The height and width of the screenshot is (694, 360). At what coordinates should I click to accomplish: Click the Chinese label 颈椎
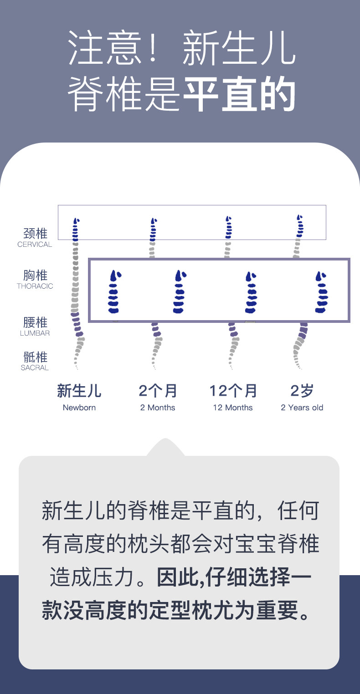35,234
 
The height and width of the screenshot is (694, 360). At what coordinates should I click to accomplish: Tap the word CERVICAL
35,245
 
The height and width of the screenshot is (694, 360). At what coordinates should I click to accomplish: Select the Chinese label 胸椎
35,276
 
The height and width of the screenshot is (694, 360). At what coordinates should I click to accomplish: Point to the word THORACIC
35,286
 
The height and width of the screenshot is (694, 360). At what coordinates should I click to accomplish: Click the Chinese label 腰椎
35,322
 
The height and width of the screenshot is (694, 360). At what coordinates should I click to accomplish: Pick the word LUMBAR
35,333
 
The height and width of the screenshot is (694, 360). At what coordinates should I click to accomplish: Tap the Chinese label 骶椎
35,357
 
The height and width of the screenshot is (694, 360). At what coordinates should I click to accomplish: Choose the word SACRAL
35,368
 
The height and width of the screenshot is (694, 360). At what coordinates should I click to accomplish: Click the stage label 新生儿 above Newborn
79,391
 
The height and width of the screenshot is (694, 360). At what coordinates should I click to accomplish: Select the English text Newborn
79,408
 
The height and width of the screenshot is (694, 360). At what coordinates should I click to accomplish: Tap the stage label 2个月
158,391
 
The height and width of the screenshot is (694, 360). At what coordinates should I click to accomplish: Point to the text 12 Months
233,408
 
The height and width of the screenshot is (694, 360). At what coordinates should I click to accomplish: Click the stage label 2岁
302,391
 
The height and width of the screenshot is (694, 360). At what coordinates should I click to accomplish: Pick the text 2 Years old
302,408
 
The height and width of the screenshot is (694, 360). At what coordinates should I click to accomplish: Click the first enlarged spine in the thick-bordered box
114,291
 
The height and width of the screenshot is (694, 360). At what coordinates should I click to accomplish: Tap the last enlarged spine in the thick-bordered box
322,291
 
